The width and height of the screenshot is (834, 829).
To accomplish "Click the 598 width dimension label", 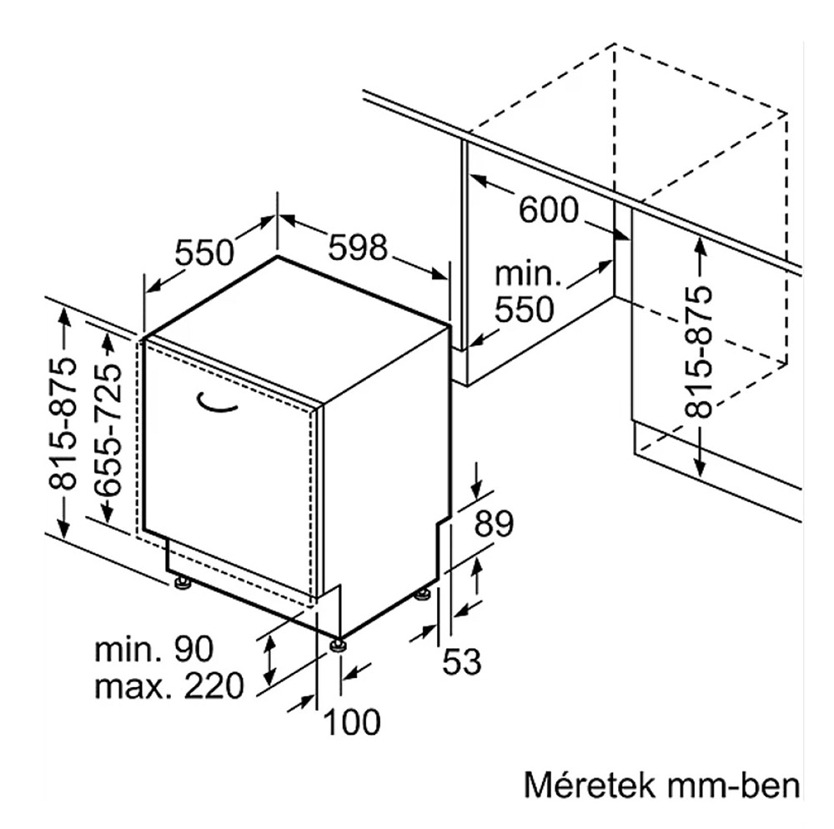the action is tap(358, 248).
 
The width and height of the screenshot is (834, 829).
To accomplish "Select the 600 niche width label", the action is tap(548, 209).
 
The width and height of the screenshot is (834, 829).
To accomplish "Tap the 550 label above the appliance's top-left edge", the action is tap(204, 252).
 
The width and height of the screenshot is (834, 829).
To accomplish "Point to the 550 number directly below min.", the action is tap(525, 309).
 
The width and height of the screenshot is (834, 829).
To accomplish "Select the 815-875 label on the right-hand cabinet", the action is tap(698, 352).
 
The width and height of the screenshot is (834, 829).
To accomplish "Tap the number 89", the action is tap(494, 524).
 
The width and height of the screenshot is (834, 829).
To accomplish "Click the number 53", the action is tap(461, 661).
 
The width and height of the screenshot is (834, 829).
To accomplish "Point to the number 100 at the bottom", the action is tap(352, 722).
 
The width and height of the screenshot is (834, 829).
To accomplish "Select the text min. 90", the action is tap(153, 649).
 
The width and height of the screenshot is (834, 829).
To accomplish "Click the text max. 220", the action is tap(168, 686).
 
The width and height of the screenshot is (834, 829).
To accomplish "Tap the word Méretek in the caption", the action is tap(589, 785).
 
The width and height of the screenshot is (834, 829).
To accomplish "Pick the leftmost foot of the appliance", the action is tap(183, 583).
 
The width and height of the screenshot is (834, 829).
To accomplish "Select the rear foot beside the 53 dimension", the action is tap(424, 594).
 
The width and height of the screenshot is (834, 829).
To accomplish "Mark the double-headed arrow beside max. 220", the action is tap(270, 661).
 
